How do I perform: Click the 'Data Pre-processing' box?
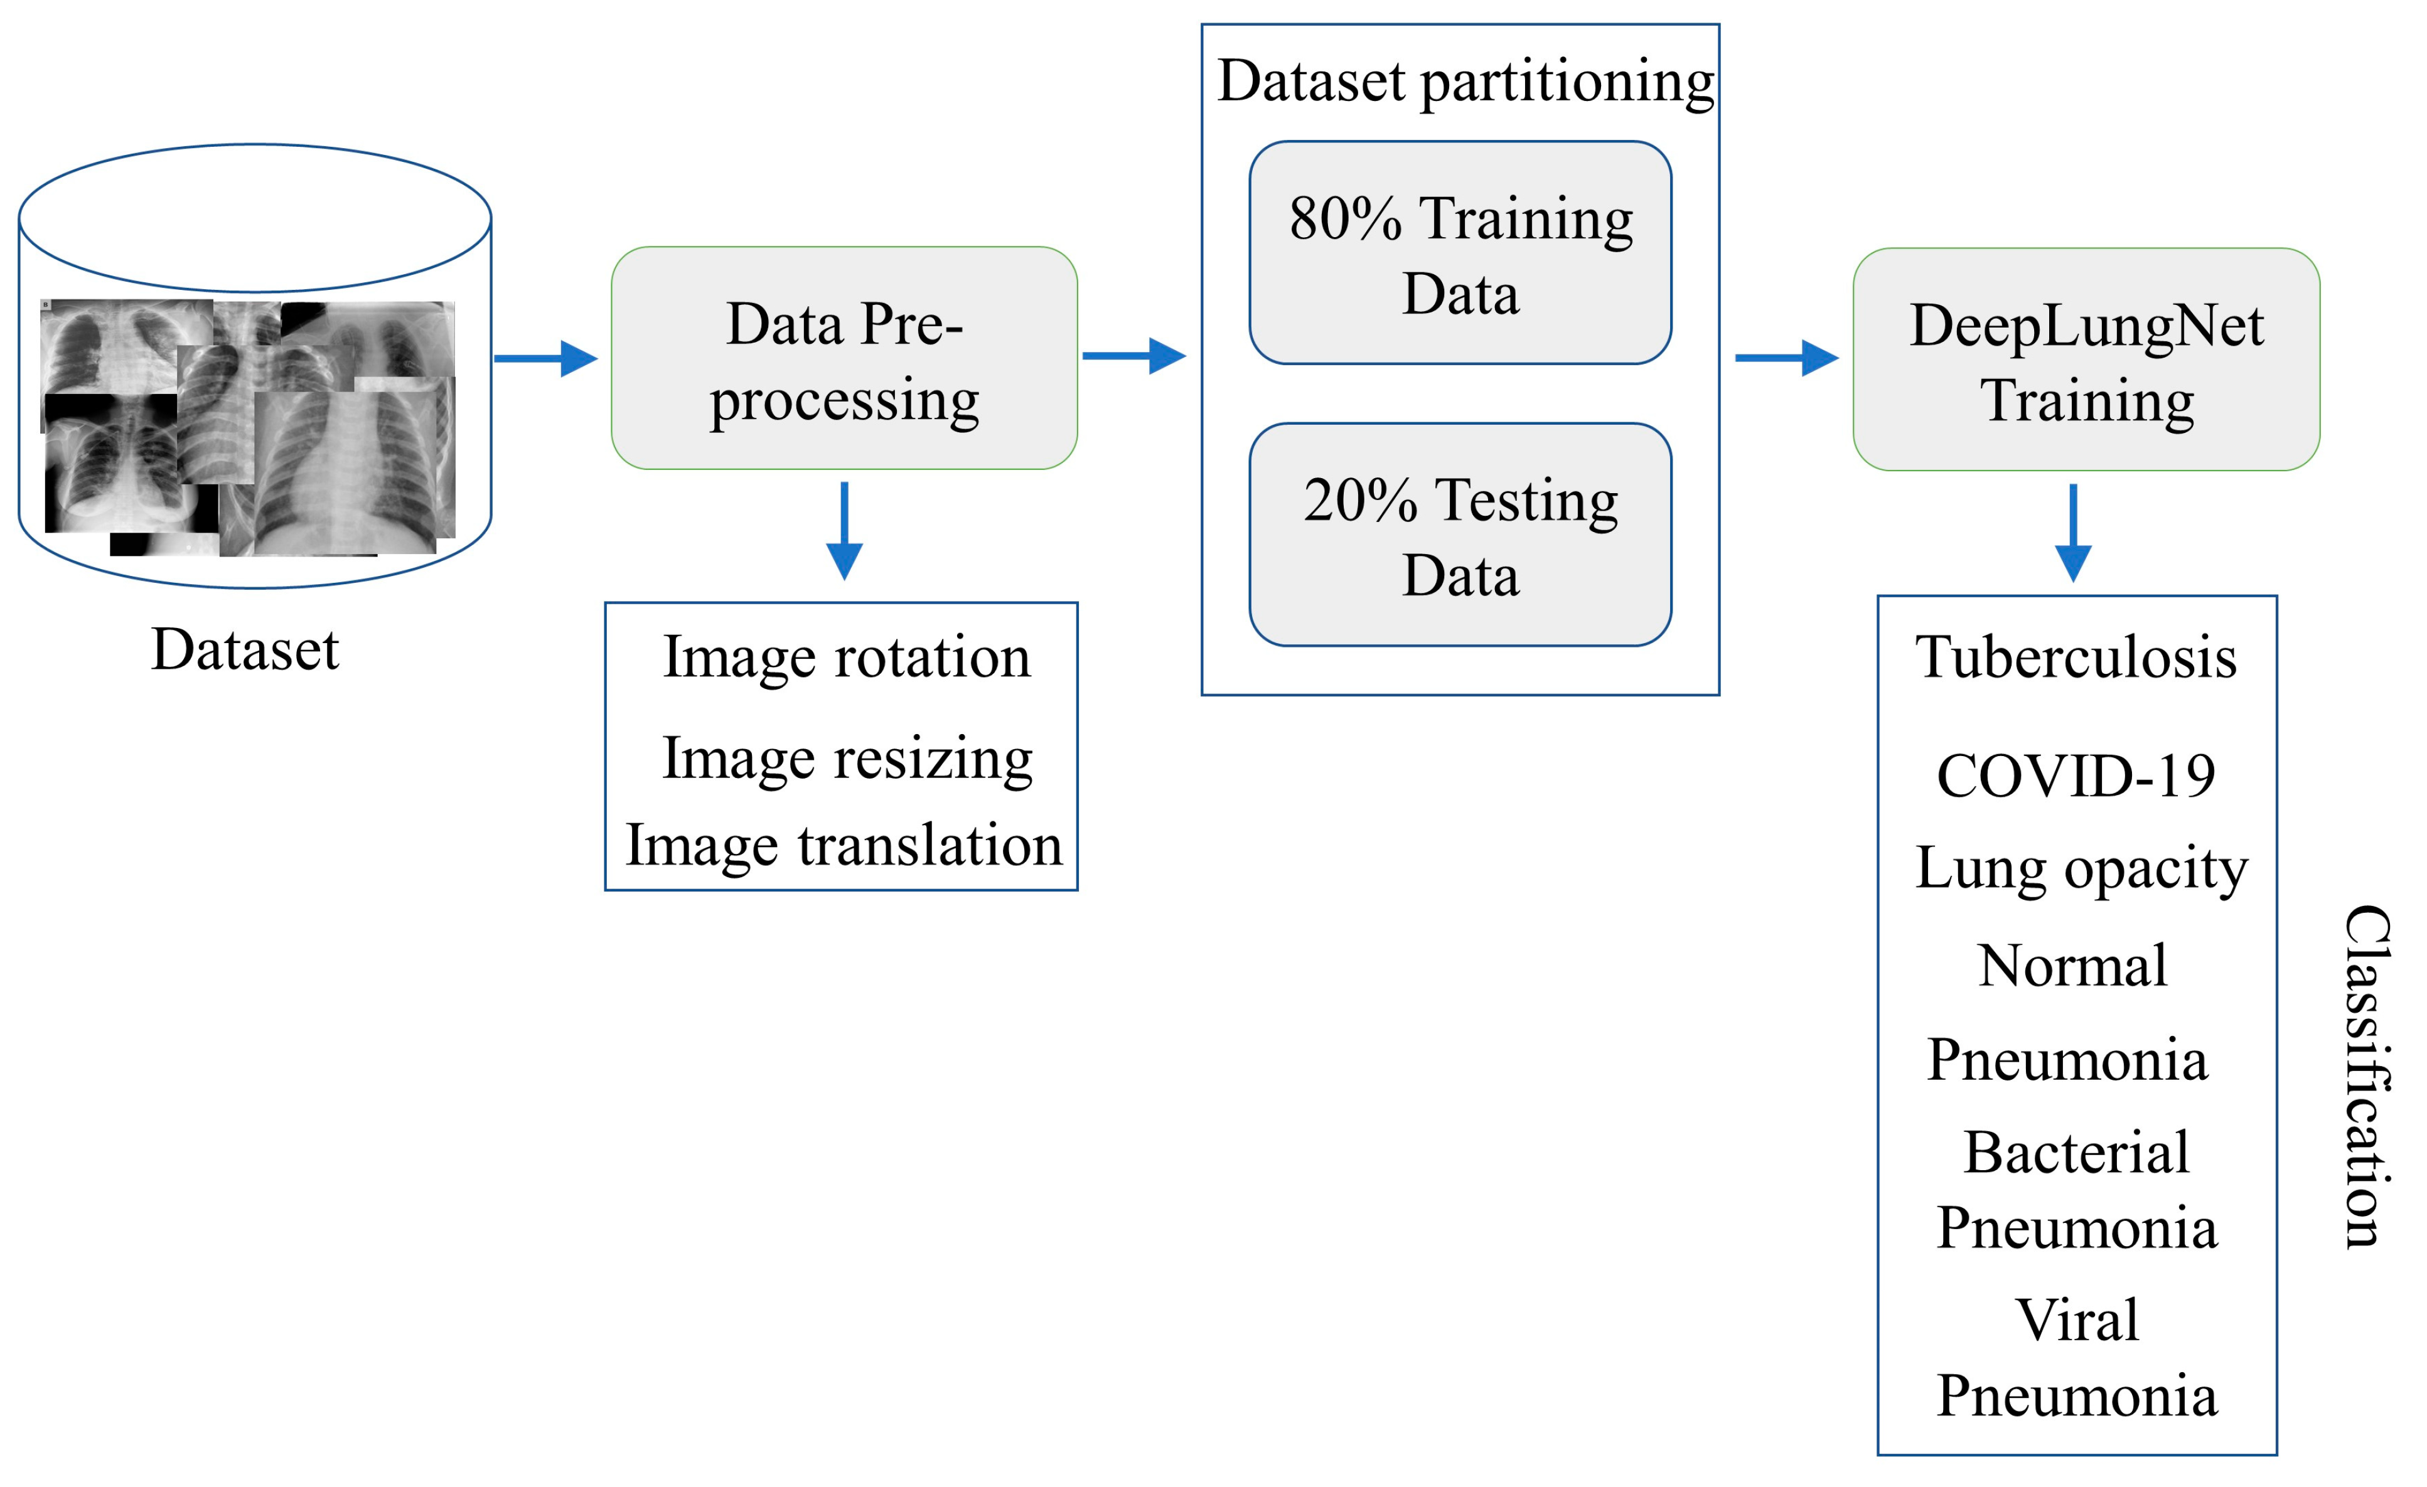point(844,358)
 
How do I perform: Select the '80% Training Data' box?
point(1460,253)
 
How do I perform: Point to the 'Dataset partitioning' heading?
point(1465,81)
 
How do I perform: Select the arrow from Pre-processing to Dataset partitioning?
point(1133,356)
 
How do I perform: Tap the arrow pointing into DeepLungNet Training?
point(1785,358)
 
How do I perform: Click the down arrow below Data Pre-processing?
point(844,530)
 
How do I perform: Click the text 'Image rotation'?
point(846,657)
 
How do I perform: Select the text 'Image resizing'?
point(846,759)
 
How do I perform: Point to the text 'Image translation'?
point(844,845)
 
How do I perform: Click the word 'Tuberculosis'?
point(2076,657)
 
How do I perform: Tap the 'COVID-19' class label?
point(2076,776)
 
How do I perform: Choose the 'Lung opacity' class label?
point(2081,868)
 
